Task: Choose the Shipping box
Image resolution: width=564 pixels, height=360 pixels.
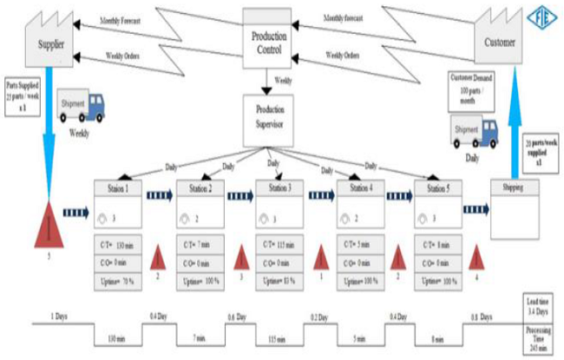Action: tap(516, 208)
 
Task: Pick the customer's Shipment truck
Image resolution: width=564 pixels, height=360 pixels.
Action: tap(474, 131)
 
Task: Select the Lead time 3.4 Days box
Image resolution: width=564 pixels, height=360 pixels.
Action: tap(541, 306)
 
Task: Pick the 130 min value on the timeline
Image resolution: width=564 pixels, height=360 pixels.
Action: tap(116, 337)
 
